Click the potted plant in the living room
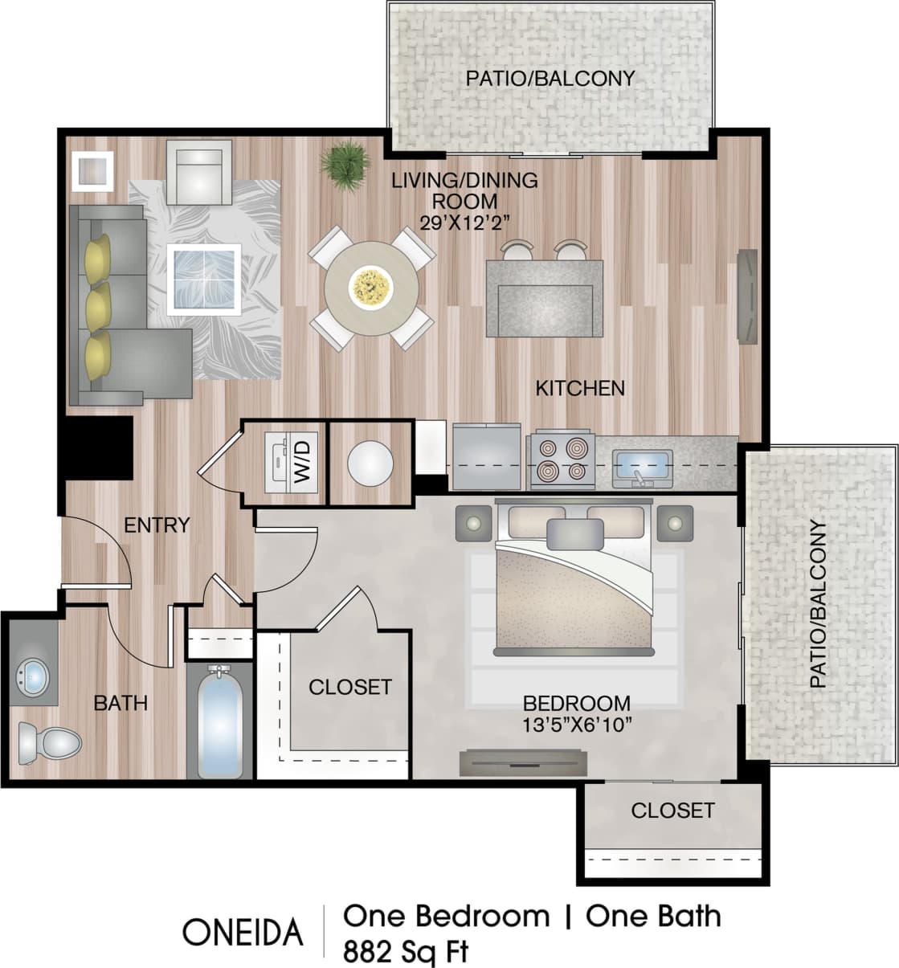346,164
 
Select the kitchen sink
641,465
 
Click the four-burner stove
561,460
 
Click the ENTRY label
157,525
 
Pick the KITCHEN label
580,388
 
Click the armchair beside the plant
198,171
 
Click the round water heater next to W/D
370,463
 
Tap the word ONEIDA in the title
243,932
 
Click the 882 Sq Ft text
405,952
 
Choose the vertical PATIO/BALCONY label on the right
817,604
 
